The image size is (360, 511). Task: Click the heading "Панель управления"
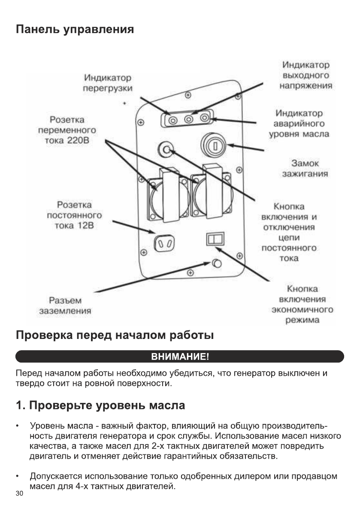[x=75, y=30]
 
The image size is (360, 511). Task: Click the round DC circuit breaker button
[x=166, y=149]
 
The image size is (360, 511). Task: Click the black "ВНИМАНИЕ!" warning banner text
[x=180, y=357]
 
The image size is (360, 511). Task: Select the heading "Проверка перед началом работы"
[x=115, y=335]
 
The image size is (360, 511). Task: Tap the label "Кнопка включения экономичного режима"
[x=303, y=305]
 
